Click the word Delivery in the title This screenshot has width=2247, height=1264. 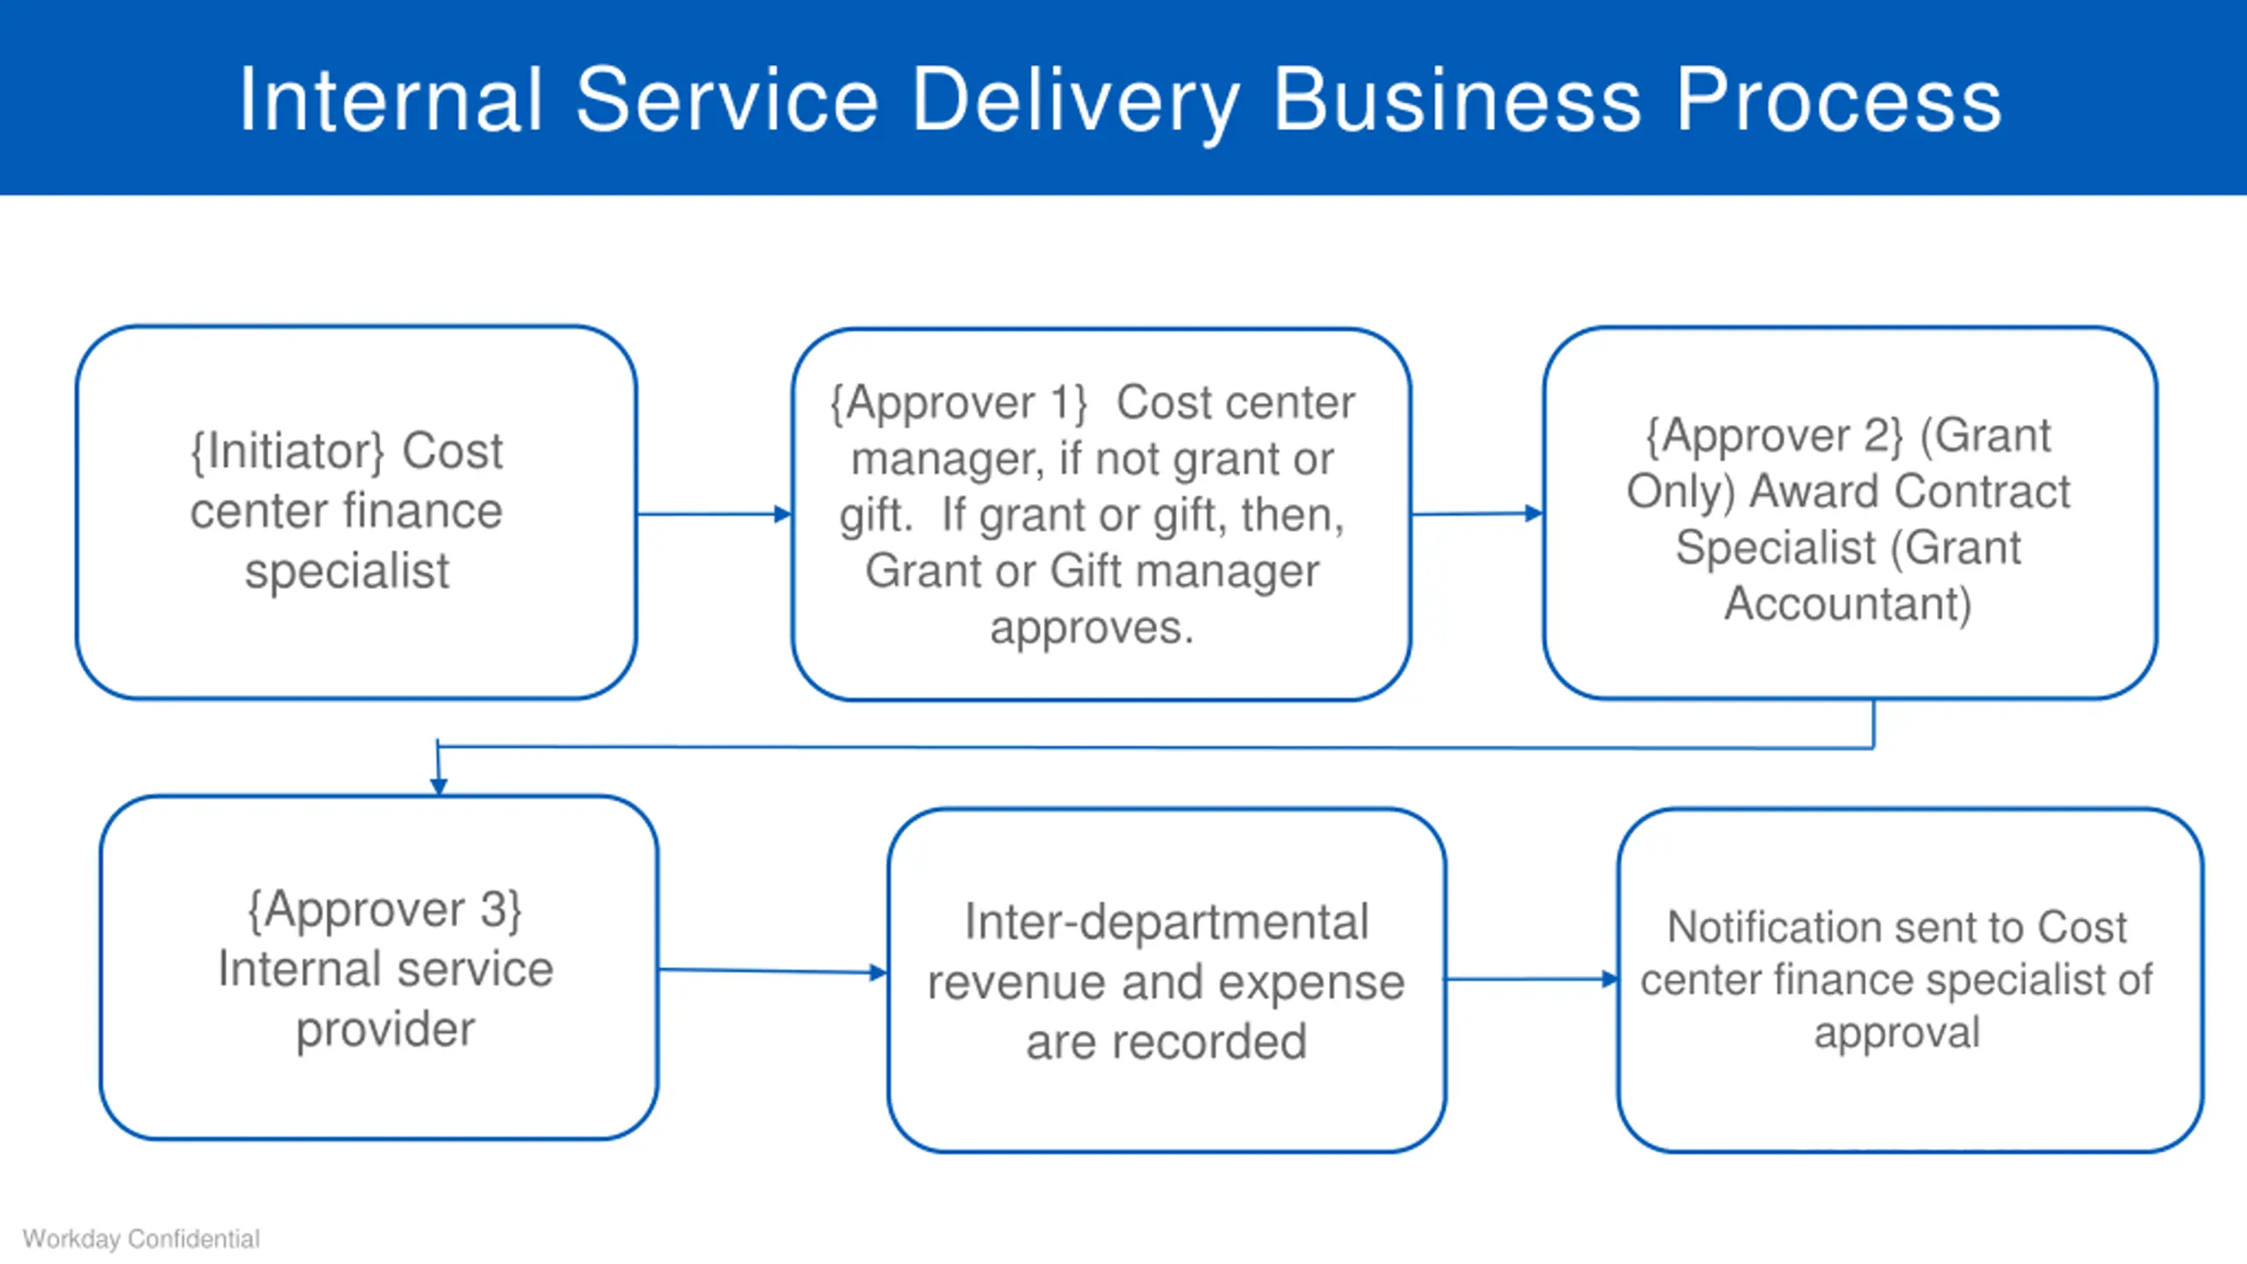click(1076, 102)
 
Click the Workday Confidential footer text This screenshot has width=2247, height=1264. click(141, 1239)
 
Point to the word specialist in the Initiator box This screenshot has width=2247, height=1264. click(347, 571)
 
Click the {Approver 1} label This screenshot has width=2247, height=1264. click(958, 403)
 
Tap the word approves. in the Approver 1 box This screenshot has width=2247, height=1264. click(1092, 628)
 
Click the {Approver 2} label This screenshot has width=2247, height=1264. click(1774, 436)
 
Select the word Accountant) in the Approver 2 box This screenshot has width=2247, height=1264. click(1848, 604)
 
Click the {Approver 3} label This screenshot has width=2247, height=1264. click(385, 909)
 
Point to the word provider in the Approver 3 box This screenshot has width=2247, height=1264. click(385, 1029)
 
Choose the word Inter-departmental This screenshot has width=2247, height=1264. click(1167, 922)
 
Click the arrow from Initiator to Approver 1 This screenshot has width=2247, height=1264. click(714, 514)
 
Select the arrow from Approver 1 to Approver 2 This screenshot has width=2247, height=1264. click(1477, 513)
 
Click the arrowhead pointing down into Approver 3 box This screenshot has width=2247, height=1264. click(439, 786)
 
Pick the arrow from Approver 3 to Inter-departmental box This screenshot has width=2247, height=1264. click(773, 971)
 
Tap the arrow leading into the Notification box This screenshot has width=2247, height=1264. click(1532, 979)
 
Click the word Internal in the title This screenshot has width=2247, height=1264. click(391, 100)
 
